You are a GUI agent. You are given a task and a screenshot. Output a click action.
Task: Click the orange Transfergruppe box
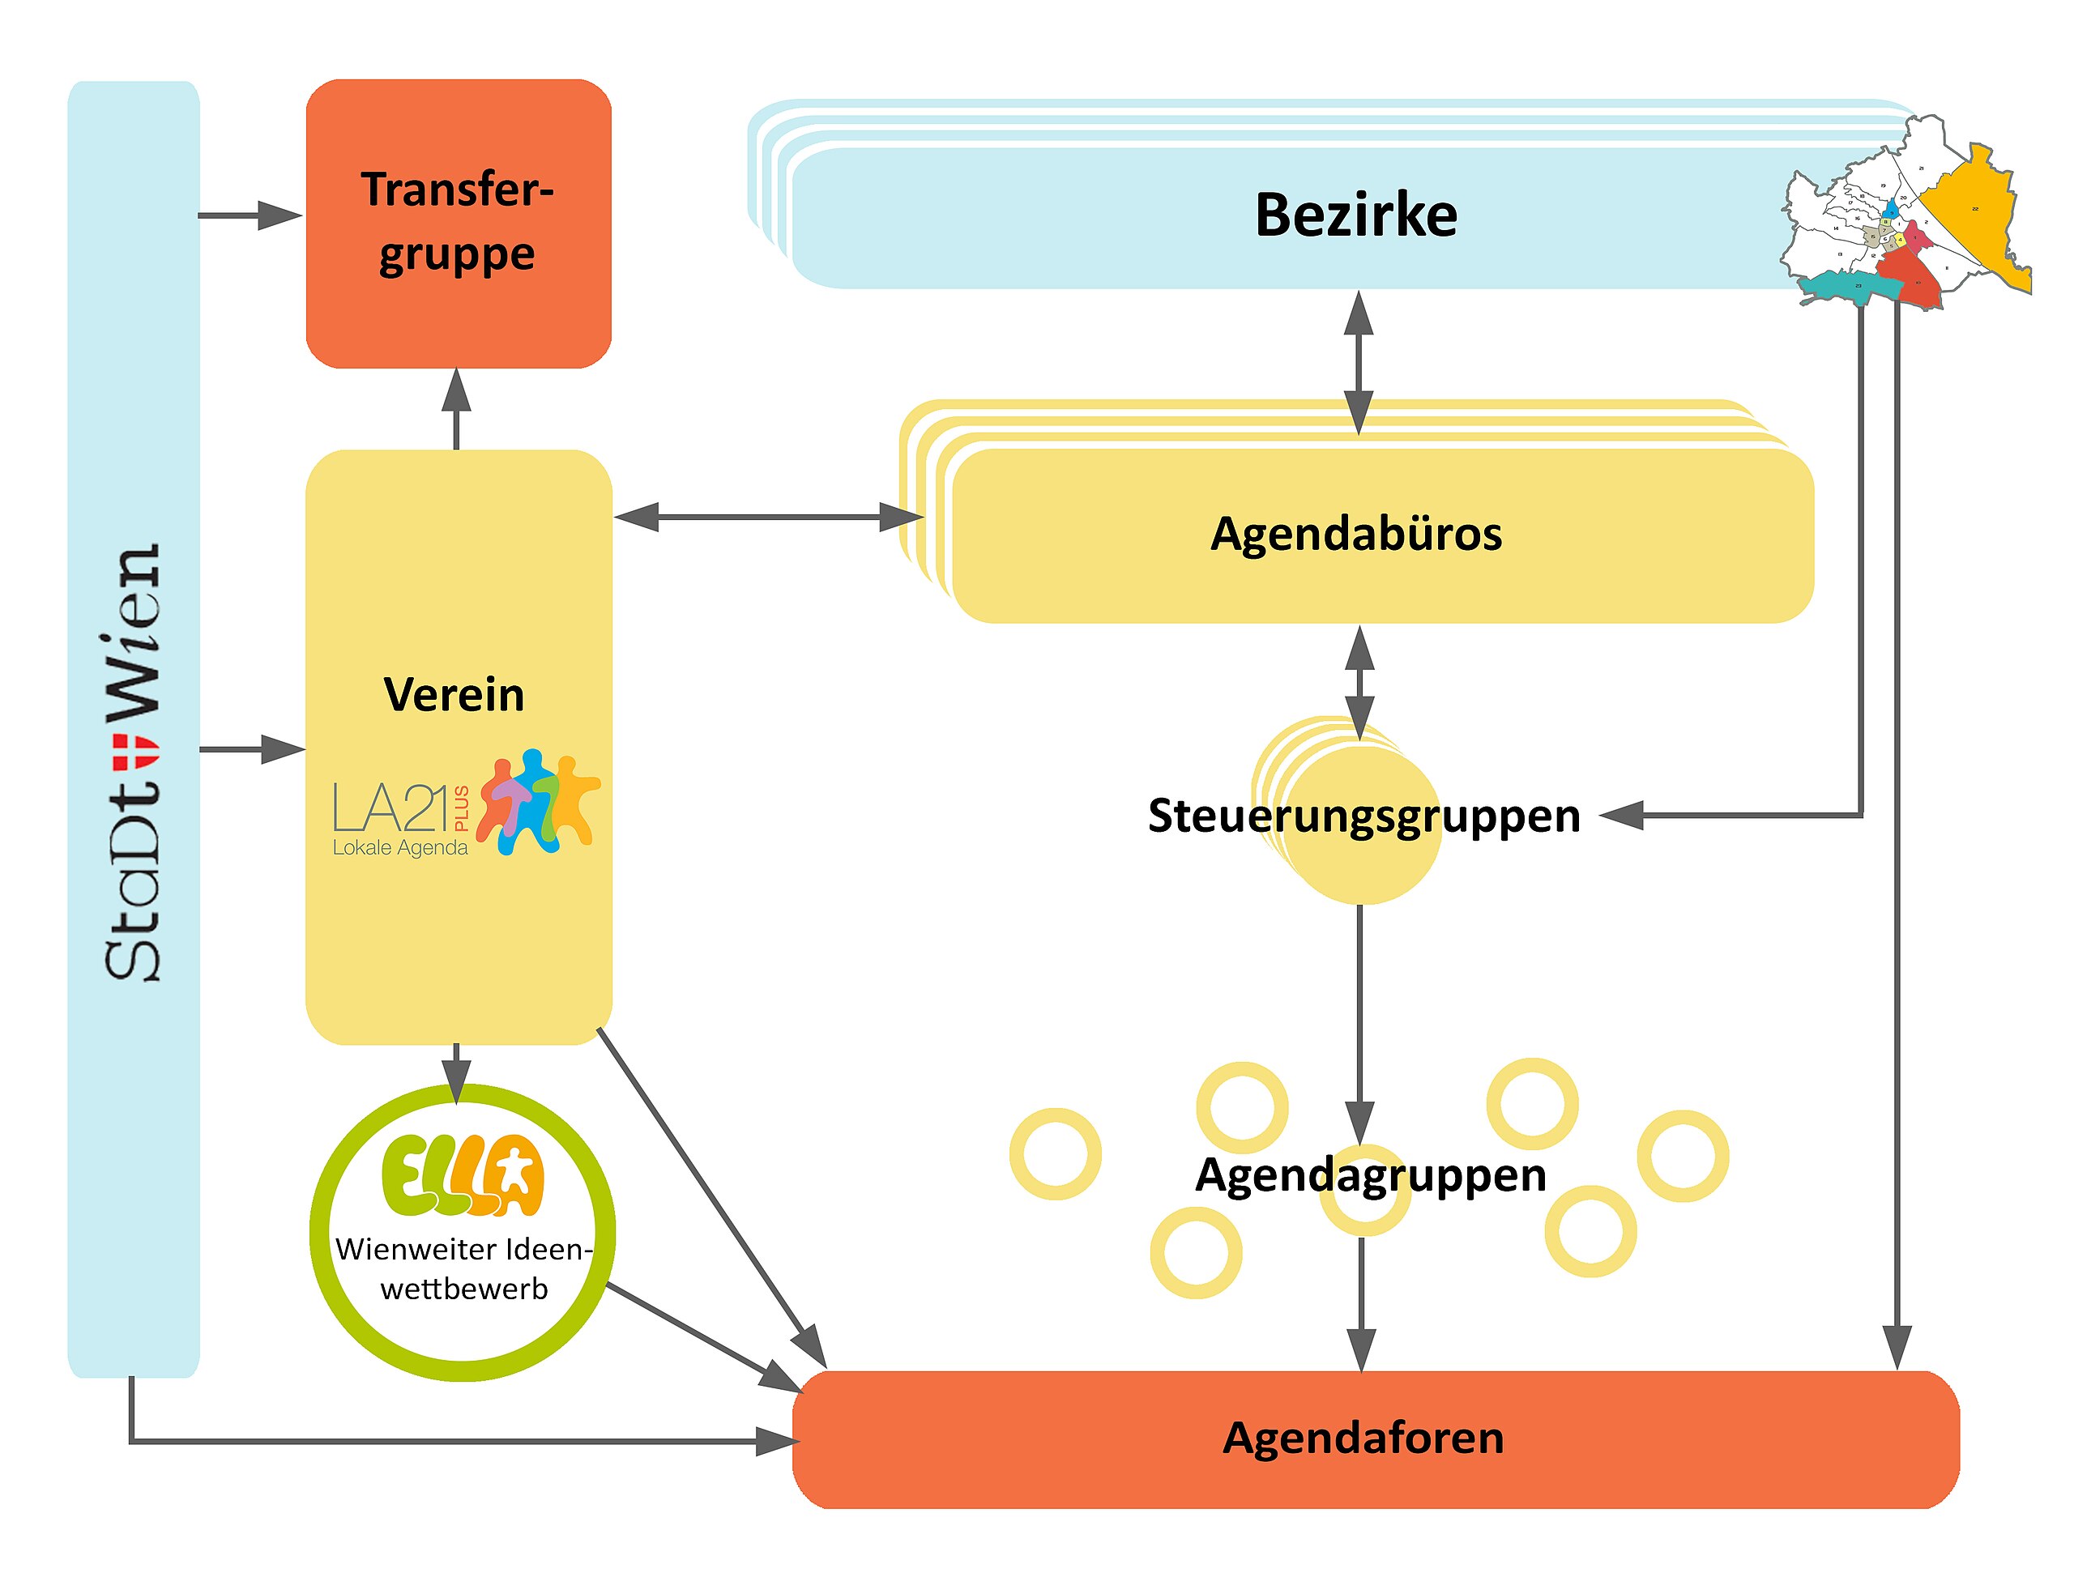pos(459,223)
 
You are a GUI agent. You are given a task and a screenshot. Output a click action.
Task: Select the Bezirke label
pos(1355,215)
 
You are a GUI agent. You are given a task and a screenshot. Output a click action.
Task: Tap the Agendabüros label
pos(1355,533)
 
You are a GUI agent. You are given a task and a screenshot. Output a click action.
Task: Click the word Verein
pos(454,695)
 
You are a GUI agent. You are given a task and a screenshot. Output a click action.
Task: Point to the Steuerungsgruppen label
pos(1363,815)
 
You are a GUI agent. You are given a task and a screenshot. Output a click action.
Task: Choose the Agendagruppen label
pos(1370,1174)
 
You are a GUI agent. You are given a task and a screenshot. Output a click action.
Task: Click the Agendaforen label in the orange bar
pos(1363,1437)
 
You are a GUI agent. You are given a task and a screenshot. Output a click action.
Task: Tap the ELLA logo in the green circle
pos(462,1174)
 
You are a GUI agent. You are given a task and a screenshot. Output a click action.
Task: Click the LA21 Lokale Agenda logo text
pos(400,820)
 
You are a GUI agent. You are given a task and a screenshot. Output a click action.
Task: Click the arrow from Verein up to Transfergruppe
pos(456,408)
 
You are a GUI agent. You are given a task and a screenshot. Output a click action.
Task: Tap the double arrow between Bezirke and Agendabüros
pos(1359,362)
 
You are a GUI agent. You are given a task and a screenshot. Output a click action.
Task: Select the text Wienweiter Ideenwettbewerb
pos(463,1268)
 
